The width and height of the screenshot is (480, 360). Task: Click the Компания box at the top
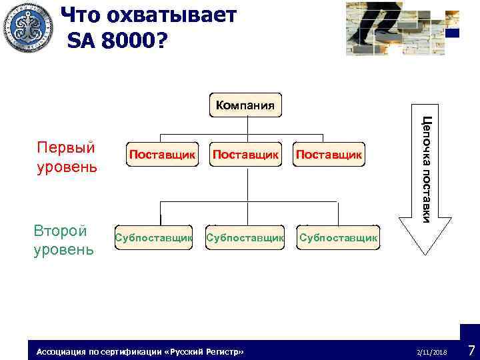pos(246,105)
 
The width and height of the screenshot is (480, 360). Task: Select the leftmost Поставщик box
pos(163,155)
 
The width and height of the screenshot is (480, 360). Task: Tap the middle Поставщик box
pos(246,155)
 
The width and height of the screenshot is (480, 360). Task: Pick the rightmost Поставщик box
pos(329,155)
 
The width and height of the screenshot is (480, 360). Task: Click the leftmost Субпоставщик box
pos(154,237)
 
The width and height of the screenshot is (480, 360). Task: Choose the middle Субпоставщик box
pos(246,237)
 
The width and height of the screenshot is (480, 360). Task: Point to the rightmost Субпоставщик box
pos(338,237)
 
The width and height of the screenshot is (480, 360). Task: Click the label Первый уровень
pos(66,157)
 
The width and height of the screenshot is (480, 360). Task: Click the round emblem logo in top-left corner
pos(27,27)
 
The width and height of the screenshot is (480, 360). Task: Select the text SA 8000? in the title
pos(118,41)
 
